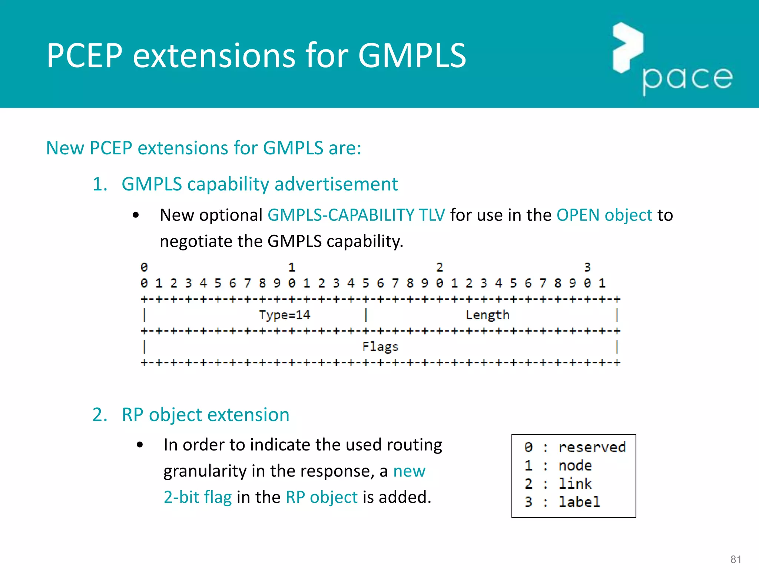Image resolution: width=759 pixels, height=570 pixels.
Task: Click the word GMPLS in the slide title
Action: click(411, 56)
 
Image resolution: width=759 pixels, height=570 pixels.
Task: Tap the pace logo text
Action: click(687, 79)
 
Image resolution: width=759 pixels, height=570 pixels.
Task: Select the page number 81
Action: click(736, 559)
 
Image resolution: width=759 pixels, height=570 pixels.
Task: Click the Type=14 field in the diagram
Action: click(284, 315)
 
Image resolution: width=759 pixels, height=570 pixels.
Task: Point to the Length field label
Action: click(487, 315)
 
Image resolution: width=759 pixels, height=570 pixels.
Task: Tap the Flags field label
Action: click(380, 347)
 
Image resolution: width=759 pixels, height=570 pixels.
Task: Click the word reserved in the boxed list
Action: click(592, 447)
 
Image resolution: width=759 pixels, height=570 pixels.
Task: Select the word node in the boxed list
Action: click(575, 465)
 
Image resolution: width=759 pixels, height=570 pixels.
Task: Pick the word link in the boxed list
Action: click(575, 484)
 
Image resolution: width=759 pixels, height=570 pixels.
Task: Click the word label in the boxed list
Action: click(579, 502)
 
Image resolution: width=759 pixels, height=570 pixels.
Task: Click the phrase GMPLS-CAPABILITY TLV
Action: click(356, 215)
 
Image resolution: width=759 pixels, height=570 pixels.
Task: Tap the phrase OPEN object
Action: click(604, 215)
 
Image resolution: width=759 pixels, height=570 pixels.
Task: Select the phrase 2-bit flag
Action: click(198, 497)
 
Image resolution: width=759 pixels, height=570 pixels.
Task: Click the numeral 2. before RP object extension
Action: click(100, 415)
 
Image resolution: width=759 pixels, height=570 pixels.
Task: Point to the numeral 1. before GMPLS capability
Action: click(100, 184)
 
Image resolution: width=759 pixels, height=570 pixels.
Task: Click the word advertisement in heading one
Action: click(336, 184)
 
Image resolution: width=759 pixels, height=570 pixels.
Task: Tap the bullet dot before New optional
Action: click(136, 215)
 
